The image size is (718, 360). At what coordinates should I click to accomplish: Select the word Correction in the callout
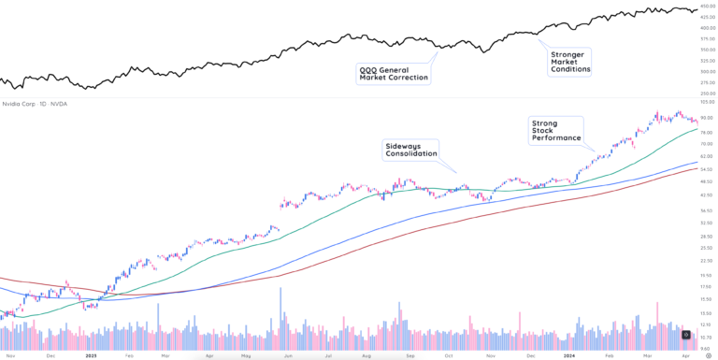[x=409, y=78]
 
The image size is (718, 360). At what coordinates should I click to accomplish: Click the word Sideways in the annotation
[x=402, y=146]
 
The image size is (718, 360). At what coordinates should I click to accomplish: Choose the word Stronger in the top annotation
[x=568, y=54]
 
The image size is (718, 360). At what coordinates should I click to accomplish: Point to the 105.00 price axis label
[x=707, y=102]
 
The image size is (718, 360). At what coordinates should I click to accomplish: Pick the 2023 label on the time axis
[x=91, y=356]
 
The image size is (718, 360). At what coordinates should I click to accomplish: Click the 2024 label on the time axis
[x=569, y=356]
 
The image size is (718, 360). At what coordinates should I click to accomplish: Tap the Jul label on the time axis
[x=328, y=356]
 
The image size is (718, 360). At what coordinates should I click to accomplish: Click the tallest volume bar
[x=280, y=318]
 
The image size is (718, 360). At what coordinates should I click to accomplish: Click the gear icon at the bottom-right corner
[x=687, y=335]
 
